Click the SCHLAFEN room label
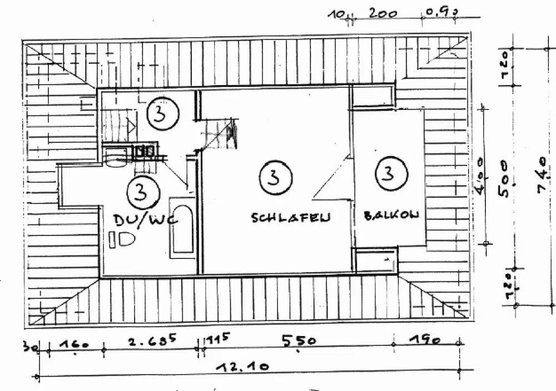coord(290,217)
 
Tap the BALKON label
coord(391,215)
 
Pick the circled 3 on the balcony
coord(388,174)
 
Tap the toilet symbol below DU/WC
coord(122,240)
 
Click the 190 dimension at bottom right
coord(425,339)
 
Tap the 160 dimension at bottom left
coord(75,344)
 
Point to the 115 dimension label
coord(218,338)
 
